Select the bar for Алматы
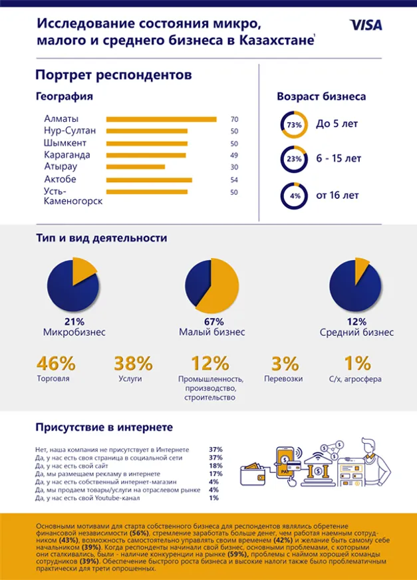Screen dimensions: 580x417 tap(161, 119)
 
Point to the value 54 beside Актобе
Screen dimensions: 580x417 tap(234, 180)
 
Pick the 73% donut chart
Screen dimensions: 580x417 tap(294, 124)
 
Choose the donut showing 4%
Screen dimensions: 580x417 tap(294, 196)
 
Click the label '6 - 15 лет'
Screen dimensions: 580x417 tap(339, 159)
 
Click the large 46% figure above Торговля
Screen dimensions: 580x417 tap(55, 364)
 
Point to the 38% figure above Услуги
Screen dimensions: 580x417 tap(133, 364)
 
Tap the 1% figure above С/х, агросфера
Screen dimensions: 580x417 tap(356, 364)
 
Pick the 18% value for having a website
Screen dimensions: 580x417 tap(215, 466)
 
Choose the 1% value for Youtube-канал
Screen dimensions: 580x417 tap(214, 498)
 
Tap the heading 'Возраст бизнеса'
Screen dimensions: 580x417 tap(321, 96)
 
